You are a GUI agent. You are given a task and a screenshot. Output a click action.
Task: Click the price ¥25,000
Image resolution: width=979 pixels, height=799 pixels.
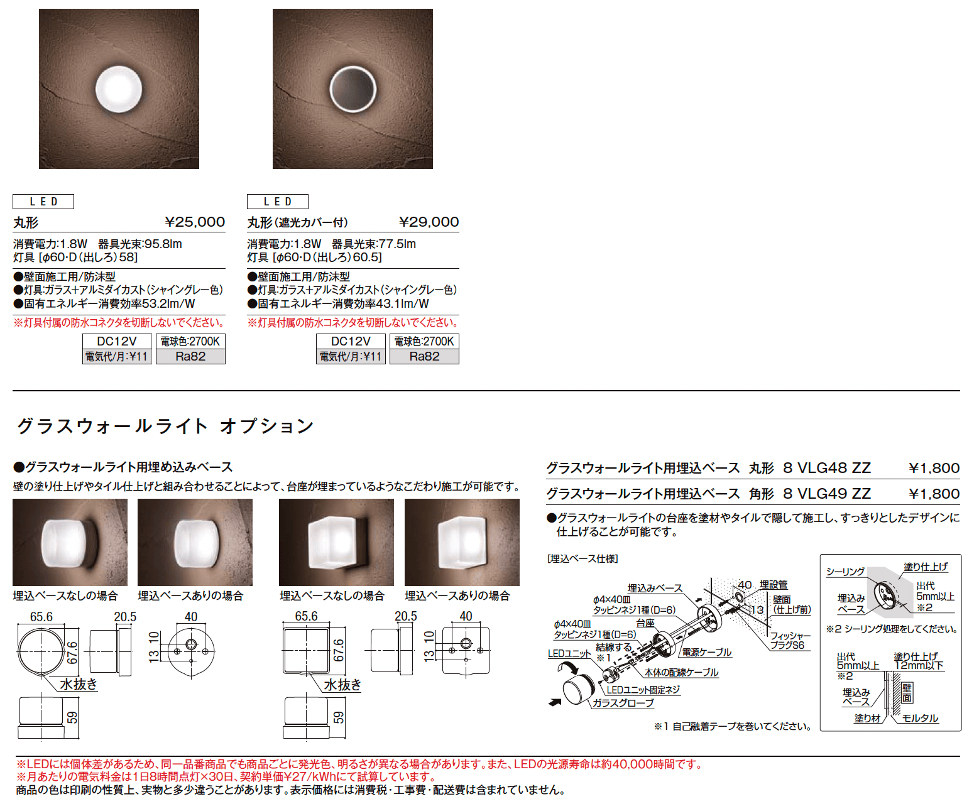click(195, 222)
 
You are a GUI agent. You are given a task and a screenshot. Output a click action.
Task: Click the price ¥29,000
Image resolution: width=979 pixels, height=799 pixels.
click(429, 222)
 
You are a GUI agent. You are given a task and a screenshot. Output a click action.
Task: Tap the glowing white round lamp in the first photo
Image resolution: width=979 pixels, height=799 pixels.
click(119, 89)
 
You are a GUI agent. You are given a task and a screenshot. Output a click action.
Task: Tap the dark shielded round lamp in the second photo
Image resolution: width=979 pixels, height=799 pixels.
click(353, 89)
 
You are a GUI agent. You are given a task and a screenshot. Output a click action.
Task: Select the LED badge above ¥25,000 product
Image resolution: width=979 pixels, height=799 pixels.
click(43, 202)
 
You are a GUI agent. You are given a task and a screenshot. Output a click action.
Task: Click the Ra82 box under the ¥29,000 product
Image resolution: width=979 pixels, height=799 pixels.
click(424, 356)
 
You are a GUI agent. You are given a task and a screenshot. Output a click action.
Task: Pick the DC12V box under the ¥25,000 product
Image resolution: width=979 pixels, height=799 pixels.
click(116, 342)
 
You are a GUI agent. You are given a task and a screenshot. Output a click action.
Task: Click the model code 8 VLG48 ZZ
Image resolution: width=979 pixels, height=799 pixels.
click(827, 468)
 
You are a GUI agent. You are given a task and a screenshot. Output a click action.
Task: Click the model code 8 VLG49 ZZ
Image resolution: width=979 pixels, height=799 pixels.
click(827, 493)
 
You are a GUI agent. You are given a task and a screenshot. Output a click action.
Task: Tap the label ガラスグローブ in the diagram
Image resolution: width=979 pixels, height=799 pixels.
click(623, 703)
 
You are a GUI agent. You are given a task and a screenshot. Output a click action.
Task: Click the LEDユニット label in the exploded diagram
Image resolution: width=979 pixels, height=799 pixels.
click(569, 653)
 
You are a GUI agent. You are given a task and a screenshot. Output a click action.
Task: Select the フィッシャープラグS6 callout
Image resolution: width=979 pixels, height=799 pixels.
click(790, 640)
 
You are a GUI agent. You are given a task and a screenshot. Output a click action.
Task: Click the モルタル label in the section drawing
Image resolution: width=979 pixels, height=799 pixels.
click(919, 718)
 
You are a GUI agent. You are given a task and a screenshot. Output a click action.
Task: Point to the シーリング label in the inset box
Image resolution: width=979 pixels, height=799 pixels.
click(845, 572)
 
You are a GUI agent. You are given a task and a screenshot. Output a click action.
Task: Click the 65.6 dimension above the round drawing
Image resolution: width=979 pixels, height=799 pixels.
click(41, 617)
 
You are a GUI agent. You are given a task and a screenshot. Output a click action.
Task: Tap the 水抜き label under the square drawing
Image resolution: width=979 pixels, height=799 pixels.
click(342, 685)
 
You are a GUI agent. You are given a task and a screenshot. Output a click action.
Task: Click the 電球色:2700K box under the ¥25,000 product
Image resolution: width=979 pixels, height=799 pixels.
click(190, 342)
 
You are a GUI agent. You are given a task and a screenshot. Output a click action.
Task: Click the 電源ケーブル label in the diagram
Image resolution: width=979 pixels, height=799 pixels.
click(706, 653)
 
